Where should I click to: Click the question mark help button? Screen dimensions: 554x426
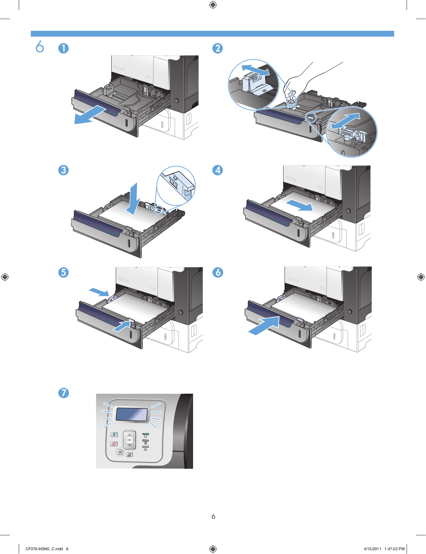pos(114,435)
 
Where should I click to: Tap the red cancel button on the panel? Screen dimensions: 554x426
pos(114,444)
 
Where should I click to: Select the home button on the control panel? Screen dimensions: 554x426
pos(129,455)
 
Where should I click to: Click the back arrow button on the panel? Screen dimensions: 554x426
pos(120,452)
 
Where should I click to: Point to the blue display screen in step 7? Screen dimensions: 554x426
pos(132,414)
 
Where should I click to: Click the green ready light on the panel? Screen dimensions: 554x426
pos(146,434)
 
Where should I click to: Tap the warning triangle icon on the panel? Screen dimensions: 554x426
pos(146,449)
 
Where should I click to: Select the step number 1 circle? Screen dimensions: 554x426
pos(63,48)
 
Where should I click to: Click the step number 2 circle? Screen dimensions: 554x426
pos(218,48)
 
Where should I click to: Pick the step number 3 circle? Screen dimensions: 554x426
pos(63,170)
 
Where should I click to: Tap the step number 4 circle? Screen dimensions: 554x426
pos(218,170)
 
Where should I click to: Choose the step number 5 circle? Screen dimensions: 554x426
pos(63,272)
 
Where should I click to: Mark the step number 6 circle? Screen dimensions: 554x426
pos(218,272)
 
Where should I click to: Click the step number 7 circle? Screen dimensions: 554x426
pos(63,393)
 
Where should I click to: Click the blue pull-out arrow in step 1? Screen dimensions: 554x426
pos(89,116)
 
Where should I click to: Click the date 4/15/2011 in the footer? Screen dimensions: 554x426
pos(372,549)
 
